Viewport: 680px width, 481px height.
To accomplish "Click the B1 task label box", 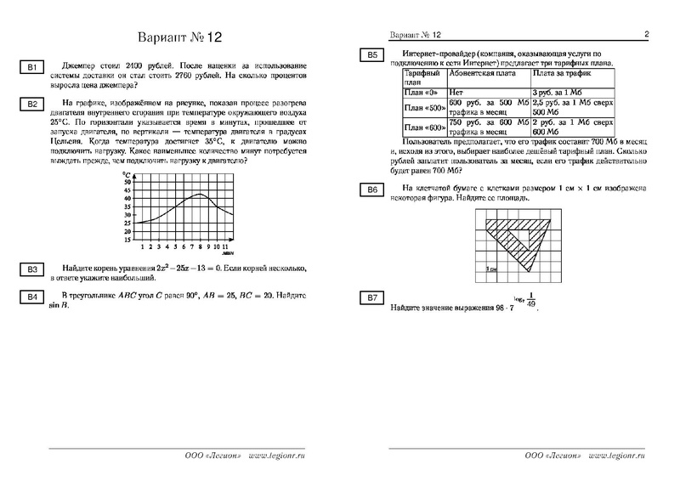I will pos(31,67).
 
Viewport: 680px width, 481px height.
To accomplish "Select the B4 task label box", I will pos(31,297).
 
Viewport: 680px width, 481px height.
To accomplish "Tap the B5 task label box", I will pos(371,55).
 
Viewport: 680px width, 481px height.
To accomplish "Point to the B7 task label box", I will pos(371,297).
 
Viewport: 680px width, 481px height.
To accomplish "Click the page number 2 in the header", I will pos(646,35).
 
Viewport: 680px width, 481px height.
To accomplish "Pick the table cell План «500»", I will pos(422,108).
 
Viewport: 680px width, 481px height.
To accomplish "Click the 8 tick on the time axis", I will pos(198,247).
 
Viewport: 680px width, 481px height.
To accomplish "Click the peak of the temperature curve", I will pos(198,194).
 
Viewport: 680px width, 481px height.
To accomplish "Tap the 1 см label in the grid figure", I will pos(492,269).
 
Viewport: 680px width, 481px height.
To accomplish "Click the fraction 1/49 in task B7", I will pos(532,302).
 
